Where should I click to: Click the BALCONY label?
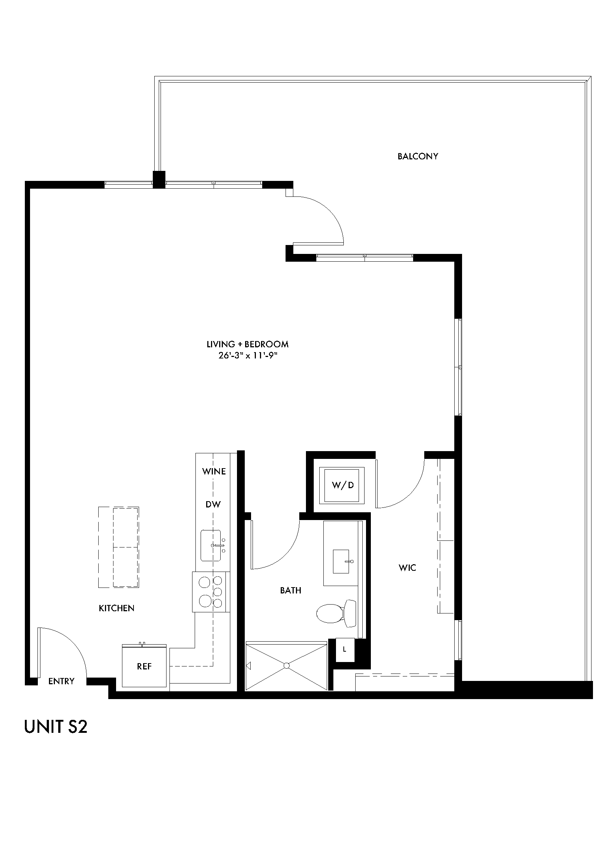[417, 156]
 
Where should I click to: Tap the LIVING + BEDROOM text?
[247, 344]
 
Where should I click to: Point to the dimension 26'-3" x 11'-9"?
[248, 356]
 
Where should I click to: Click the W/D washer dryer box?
[342, 485]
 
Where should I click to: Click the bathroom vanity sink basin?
[343, 562]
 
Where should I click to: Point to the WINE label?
[214, 471]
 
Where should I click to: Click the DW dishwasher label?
[213, 504]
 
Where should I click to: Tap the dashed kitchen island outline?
[119, 547]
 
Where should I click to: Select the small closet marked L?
[345, 649]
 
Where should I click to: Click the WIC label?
[407, 567]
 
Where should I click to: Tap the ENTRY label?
[61, 681]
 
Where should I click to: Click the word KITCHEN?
[116, 608]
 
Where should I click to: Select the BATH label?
[290, 590]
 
